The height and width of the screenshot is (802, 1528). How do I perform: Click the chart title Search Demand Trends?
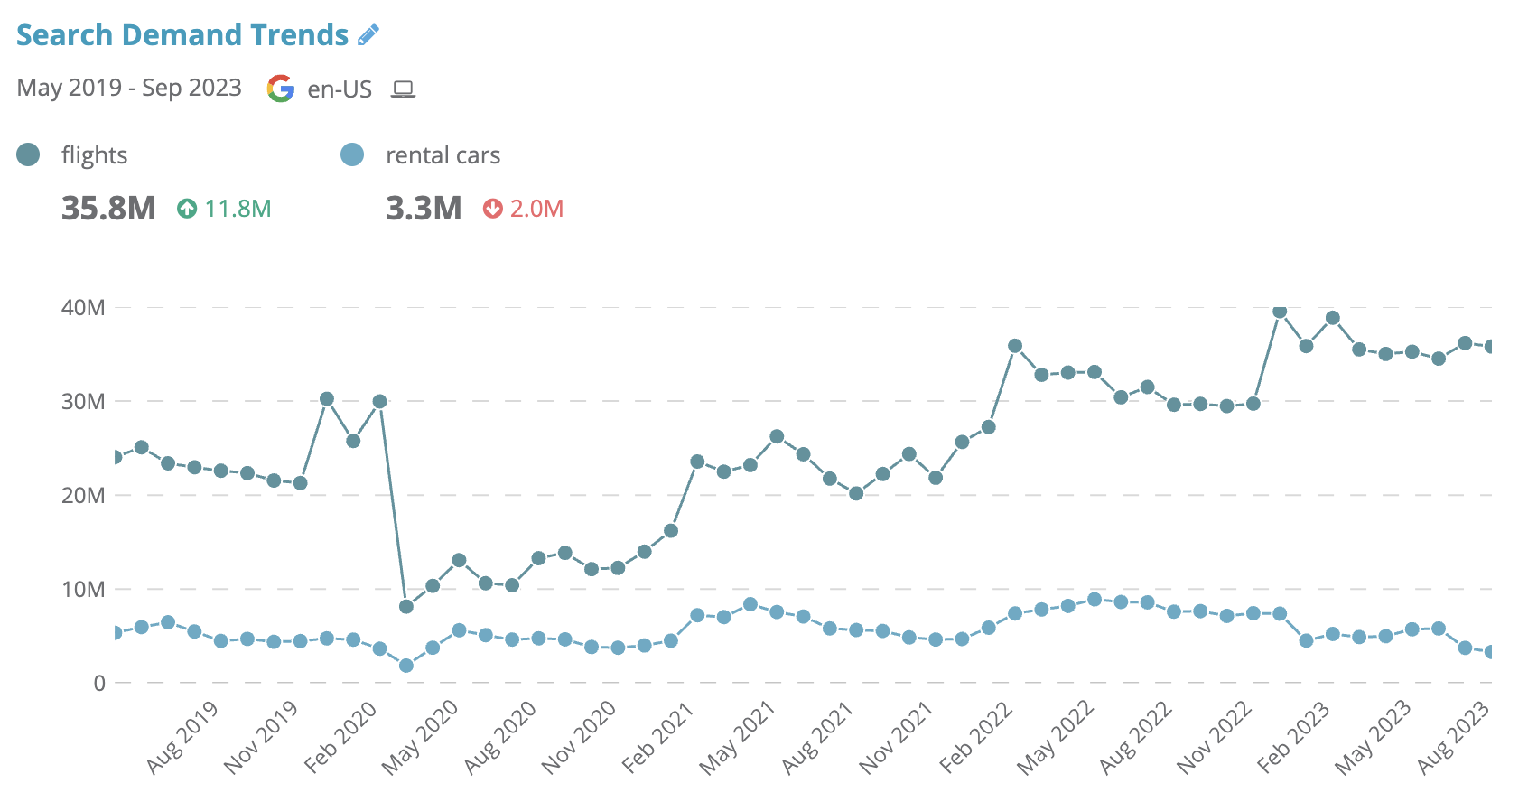182,35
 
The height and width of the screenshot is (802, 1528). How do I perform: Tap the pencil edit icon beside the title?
368,35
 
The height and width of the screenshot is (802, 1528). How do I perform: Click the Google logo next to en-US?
281,89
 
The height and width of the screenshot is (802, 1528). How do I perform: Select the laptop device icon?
403,89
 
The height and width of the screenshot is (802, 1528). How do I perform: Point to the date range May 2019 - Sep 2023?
129,88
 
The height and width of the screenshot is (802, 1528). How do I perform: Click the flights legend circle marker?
28,154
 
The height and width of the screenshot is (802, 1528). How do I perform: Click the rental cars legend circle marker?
352,154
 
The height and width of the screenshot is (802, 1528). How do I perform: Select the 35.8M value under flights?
108,209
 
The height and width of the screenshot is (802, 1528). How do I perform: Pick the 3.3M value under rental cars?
424,209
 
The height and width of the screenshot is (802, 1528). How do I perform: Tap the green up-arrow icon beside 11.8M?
187,209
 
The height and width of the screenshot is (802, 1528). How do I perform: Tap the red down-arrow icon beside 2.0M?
492,209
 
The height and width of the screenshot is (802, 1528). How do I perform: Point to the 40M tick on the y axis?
83,308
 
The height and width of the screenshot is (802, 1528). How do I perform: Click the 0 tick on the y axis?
99,684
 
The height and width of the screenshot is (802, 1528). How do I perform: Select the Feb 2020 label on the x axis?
341,738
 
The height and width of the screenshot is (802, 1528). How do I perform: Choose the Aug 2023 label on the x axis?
1453,738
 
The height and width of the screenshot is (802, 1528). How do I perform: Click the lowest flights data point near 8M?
406,607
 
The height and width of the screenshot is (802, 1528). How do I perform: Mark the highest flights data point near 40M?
1280,312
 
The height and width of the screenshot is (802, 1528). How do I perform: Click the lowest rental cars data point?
406,666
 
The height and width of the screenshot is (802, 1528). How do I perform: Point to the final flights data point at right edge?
1490,347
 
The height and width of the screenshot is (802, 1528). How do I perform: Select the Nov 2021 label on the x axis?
896,738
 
